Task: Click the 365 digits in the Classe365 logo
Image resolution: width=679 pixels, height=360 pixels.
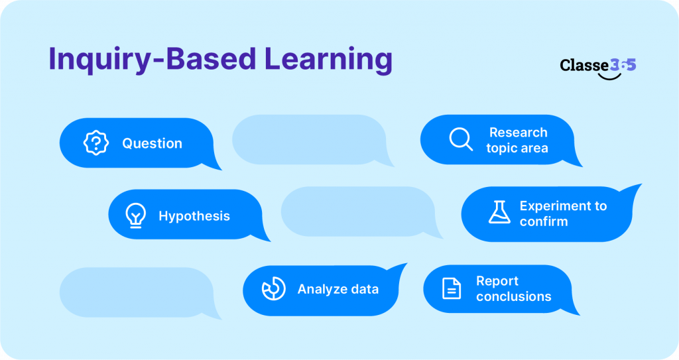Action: tap(623, 65)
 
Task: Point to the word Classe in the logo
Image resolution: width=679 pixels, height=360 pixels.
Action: tap(584, 65)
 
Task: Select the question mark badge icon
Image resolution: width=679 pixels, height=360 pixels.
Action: tap(96, 143)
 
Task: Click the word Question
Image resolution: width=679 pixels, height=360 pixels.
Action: tap(152, 144)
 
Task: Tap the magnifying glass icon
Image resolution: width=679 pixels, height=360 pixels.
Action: tap(460, 139)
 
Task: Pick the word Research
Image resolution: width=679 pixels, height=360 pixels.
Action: tap(518, 133)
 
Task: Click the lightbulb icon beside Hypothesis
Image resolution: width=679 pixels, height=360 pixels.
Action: tap(135, 215)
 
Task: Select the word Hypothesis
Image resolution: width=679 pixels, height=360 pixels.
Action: tap(194, 216)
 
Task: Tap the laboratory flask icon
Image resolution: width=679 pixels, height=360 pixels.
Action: tap(499, 212)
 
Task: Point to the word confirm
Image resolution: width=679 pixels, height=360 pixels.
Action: tap(544, 222)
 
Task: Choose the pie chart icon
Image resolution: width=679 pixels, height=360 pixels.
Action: tap(273, 289)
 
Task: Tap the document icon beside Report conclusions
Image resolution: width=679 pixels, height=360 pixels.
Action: tap(452, 288)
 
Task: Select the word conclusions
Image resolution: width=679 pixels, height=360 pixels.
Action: tap(513, 296)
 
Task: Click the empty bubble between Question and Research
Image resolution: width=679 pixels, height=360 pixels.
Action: tap(308, 140)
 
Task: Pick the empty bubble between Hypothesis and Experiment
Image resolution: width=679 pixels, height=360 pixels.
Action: tap(358, 211)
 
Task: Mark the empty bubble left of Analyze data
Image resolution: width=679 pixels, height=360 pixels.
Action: tap(136, 292)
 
